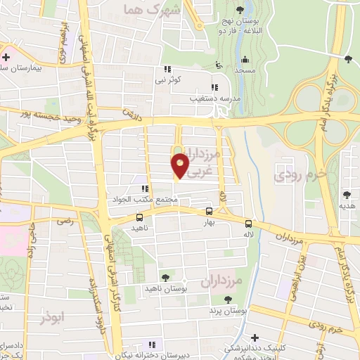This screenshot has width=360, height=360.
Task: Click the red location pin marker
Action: pyautogui.click(x=180, y=166)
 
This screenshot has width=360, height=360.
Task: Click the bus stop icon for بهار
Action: pyautogui.click(x=209, y=211)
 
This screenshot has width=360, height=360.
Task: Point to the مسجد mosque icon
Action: pyautogui.click(x=244, y=59)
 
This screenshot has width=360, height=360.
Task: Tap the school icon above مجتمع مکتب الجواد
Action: pyautogui.click(x=144, y=188)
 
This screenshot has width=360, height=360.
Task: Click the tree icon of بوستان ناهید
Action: pyautogui.click(x=165, y=278)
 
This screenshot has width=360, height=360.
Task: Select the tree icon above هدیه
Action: pyautogui.click(x=347, y=194)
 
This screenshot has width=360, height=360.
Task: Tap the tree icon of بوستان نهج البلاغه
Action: pyautogui.click(x=241, y=9)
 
